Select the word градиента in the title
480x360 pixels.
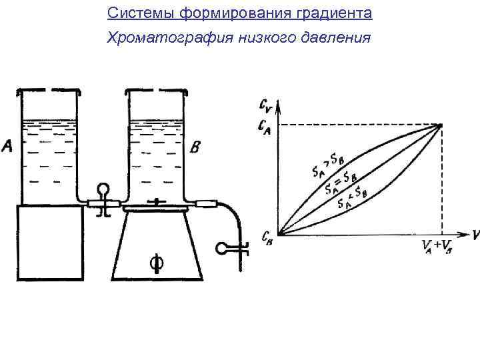(x=340, y=13)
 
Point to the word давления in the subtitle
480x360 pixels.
(x=339, y=37)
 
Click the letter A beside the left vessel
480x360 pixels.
(x=8, y=145)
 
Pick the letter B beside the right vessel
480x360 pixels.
(x=194, y=148)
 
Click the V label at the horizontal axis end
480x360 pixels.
(x=475, y=234)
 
